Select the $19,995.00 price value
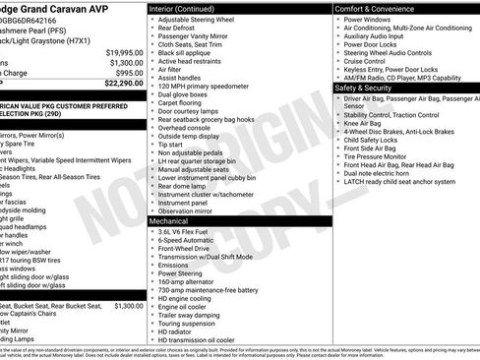[x=124, y=51]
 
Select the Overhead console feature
[x=187, y=127]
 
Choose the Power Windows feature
[x=369, y=20]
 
